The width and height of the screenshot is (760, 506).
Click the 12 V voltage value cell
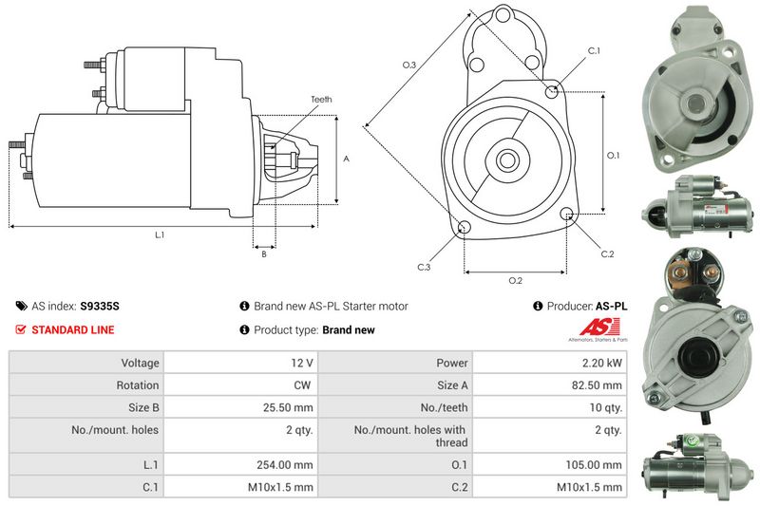pyautogui.click(x=302, y=363)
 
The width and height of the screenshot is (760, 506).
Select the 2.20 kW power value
pyautogui.click(x=602, y=363)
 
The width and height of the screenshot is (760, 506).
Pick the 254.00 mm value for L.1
pyautogui.click(x=290, y=465)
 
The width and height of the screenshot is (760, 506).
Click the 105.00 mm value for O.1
pyautogui.click(x=597, y=465)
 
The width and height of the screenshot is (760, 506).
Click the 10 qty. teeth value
pyautogui.click(x=604, y=409)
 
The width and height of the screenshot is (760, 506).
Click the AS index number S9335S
pyautogui.click(x=99, y=307)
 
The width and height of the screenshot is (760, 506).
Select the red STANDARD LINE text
pyautogui.click(x=72, y=330)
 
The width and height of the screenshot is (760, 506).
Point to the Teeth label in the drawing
pyautogui.click(x=321, y=100)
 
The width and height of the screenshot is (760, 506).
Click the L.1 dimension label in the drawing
pyautogui.click(x=160, y=234)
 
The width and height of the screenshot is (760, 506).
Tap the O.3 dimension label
pyautogui.click(x=408, y=65)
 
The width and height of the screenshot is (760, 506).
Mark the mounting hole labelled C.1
pyautogui.click(x=553, y=90)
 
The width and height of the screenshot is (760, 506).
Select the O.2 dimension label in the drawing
pyautogui.click(x=515, y=281)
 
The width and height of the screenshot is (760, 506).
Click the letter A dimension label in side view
pyautogui.click(x=346, y=159)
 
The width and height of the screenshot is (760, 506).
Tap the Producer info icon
pyautogui.click(x=538, y=307)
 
